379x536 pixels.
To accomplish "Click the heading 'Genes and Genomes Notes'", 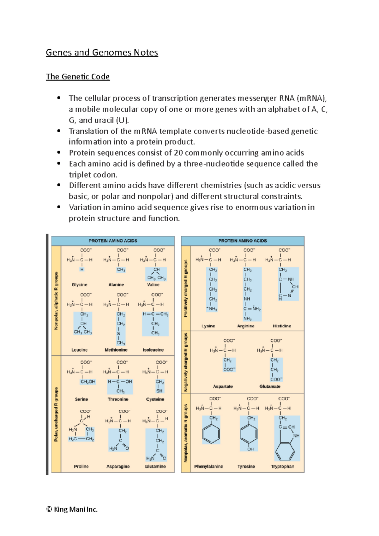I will coord(102,52).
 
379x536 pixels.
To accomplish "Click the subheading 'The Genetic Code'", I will coord(78,77).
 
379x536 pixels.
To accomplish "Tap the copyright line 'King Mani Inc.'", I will coord(72,509).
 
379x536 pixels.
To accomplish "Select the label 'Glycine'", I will coord(79,285).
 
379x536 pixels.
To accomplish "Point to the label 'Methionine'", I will coord(116,350).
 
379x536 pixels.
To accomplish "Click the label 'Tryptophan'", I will coord(282,467).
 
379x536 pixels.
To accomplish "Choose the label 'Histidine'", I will coord(282,326).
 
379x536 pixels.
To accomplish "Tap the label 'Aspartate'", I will coord(223,386).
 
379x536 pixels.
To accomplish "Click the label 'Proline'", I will coord(81,467).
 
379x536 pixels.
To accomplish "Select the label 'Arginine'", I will coord(246,326).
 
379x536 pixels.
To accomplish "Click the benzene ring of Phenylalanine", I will coord(211,434).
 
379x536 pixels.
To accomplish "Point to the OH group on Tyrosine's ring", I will coord(250,449).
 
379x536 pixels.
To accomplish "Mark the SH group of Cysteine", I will coord(159,391).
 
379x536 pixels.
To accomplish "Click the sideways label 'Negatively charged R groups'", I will coord(186,362).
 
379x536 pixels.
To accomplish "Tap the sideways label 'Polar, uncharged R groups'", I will coord(56,414).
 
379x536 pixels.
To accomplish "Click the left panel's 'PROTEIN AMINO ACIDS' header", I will coord(113,241).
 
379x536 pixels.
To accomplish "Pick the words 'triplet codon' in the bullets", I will coord(93,175).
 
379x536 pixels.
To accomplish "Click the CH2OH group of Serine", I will coord(87,382).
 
